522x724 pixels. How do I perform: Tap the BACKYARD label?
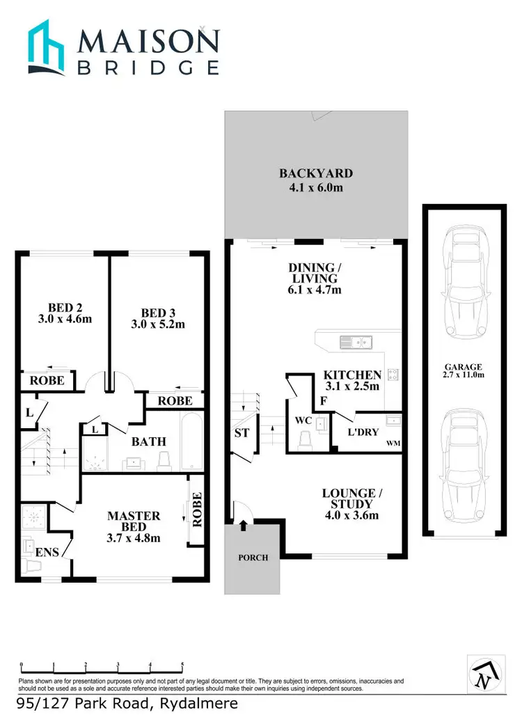316,173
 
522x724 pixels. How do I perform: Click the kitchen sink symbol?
355,341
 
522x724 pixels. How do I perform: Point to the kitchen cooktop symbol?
393,375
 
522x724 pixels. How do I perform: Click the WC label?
303,420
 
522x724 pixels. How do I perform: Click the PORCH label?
253,558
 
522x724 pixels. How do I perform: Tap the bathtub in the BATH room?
190,442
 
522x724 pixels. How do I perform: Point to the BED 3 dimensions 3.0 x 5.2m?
157,324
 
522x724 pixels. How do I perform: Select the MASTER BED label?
133,521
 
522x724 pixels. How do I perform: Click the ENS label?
47,552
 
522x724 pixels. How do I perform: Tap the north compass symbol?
482,674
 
